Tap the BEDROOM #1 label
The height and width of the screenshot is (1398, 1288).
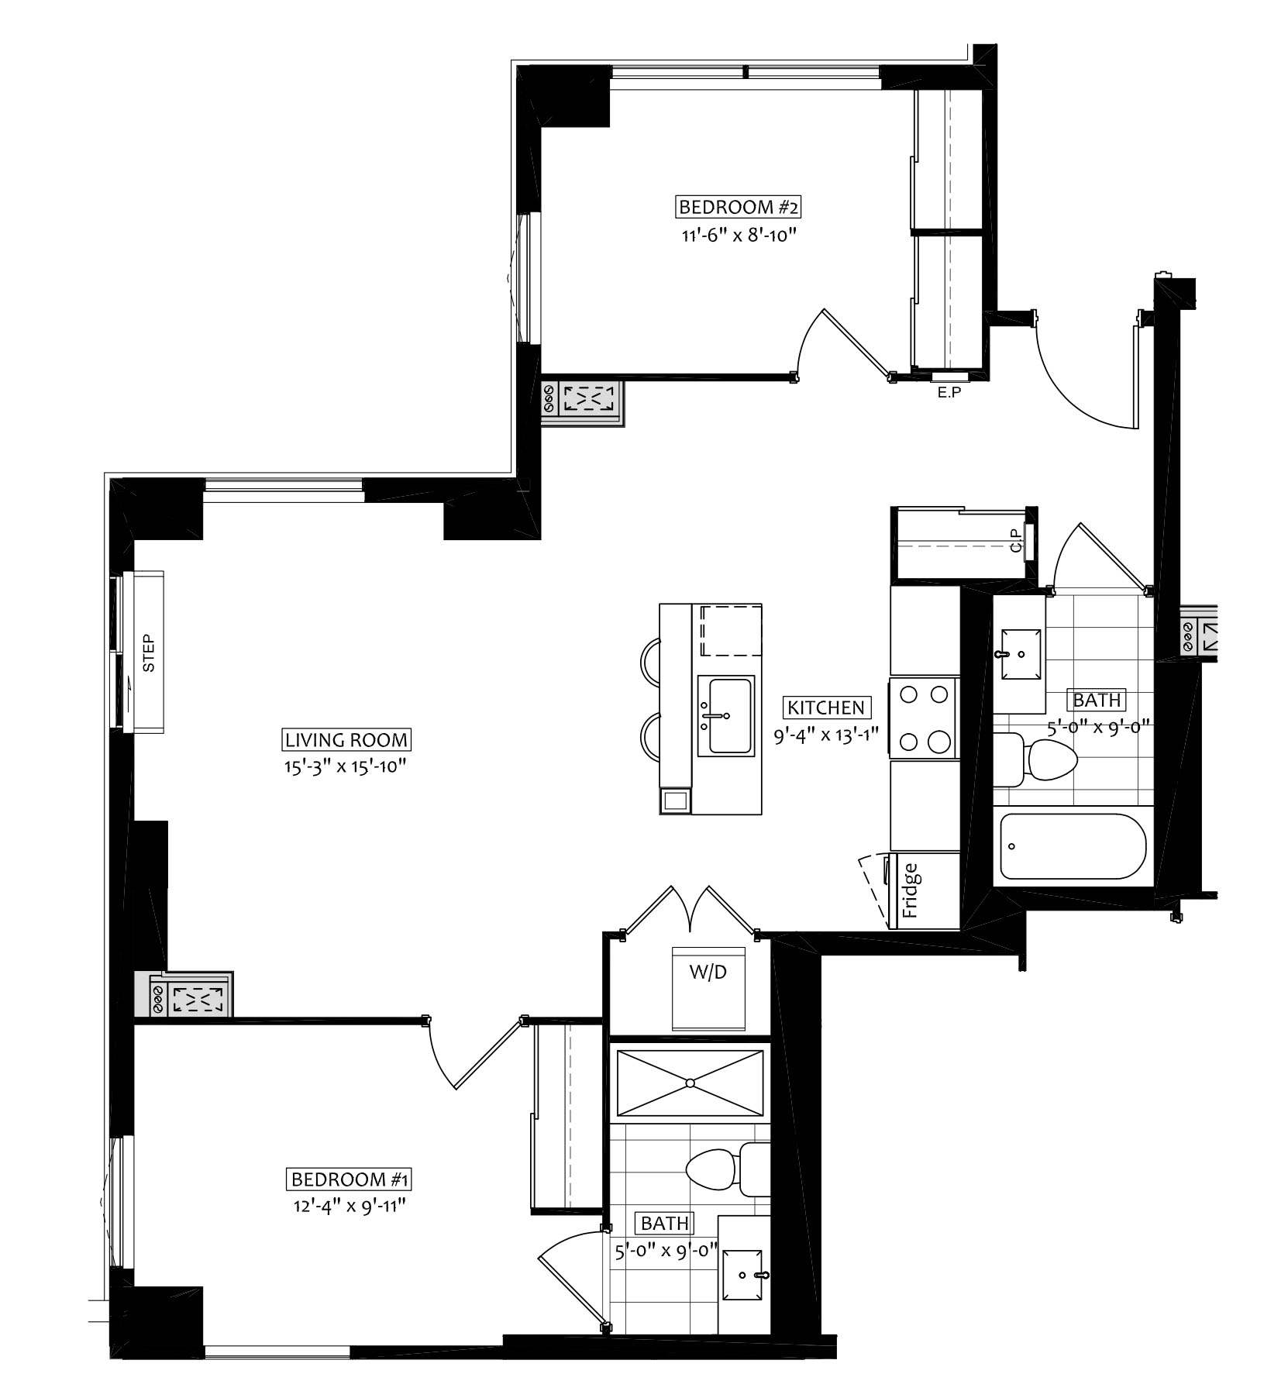click(349, 1180)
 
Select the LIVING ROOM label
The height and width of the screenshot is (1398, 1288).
click(346, 740)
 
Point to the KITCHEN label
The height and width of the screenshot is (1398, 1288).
click(825, 708)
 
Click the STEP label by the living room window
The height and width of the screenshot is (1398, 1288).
click(149, 653)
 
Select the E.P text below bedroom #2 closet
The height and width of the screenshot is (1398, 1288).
click(949, 393)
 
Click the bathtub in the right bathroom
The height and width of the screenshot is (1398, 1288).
click(1073, 845)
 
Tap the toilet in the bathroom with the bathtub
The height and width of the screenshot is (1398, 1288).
click(1036, 759)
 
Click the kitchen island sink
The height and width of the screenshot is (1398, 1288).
click(725, 714)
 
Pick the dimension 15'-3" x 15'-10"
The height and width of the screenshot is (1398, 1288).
click(346, 767)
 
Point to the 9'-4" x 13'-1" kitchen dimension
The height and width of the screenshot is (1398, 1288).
click(825, 735)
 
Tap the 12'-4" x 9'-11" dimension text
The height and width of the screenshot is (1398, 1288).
click(346, 1207)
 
